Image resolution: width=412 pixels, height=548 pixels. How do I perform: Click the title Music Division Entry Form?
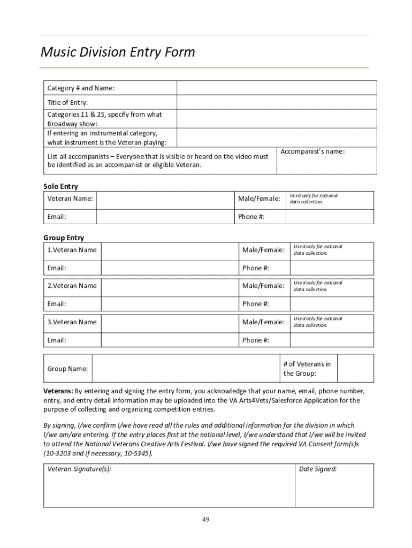[x=118, y=52]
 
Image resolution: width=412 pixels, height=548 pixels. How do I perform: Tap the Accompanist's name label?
[x=312, y=151]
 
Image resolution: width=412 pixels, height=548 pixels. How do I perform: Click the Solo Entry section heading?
[x=60, y=186]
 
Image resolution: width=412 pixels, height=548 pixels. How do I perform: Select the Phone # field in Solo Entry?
[x=330, y=217]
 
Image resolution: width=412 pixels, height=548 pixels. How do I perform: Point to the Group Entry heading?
[x=63, y=238]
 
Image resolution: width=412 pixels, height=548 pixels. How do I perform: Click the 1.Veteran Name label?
[x=72, y=250]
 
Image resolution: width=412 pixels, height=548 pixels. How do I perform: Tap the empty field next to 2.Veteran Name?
[x=170, y=286]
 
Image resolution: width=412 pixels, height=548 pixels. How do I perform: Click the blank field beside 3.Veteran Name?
[x=170, y=322]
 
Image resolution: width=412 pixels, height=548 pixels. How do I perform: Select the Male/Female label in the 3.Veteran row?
[x=263, y=322]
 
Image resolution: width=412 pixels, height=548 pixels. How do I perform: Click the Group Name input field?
[x=185, y=369]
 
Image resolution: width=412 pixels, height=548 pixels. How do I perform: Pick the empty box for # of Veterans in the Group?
[x=355, y=368]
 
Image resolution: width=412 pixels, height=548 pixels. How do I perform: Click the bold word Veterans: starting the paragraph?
[x=58, y=391]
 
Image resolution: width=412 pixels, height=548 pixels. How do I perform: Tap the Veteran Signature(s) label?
[x=79, y=469]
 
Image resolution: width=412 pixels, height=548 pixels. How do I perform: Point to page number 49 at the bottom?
[x=205, y=520]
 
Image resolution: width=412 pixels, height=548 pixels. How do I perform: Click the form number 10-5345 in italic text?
[x=135, y=453]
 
